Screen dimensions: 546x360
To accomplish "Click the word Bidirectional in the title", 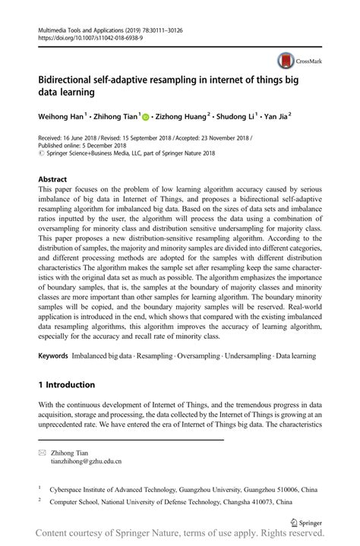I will point(71,77).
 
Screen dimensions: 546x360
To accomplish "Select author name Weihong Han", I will point(60,116).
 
